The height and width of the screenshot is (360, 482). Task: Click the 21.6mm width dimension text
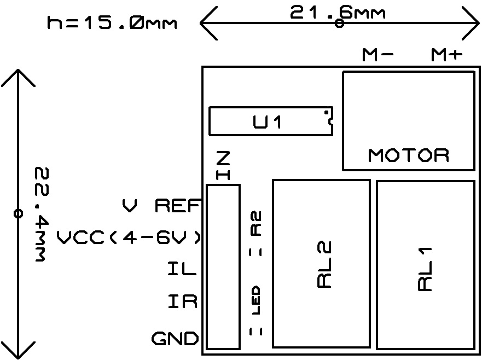338,12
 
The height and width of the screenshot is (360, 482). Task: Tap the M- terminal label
378,55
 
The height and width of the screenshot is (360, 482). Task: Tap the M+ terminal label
447,55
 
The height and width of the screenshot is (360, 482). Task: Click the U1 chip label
268,122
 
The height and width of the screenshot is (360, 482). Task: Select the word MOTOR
409,155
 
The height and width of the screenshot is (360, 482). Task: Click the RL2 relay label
324,265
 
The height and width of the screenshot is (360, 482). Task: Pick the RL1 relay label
425,268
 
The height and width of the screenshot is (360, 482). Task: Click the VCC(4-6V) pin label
129,238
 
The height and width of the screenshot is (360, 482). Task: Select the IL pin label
182,269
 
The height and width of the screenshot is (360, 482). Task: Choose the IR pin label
182,301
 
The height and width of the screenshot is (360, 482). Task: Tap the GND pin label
175,339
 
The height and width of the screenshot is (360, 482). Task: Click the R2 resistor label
255,223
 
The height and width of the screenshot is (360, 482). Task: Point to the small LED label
255,300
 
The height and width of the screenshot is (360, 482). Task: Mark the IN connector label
223,166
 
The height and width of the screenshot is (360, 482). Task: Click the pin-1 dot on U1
327,113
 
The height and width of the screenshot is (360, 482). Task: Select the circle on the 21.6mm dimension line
339,24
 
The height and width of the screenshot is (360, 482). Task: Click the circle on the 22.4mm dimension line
18,213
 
